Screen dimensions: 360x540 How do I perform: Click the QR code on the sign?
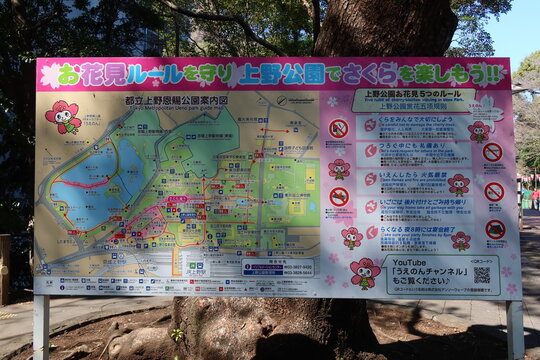pyautogui.click(x=482, y=274)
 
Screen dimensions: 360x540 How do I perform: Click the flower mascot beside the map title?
pyautogui.click(x=64, y=116)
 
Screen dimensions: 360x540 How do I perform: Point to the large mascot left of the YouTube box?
pyautogui.click(x=364, y=273)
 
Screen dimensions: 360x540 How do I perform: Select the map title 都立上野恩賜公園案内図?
pyautogui.click(x=190, y=101)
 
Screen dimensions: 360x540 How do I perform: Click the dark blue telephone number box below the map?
pyautogui.click(x=277, y=267)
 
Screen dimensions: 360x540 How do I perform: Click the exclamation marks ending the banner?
pyautogui.click(x=493, y=73)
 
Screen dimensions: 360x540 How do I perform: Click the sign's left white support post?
pyautogui.click(x=41, y=327)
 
